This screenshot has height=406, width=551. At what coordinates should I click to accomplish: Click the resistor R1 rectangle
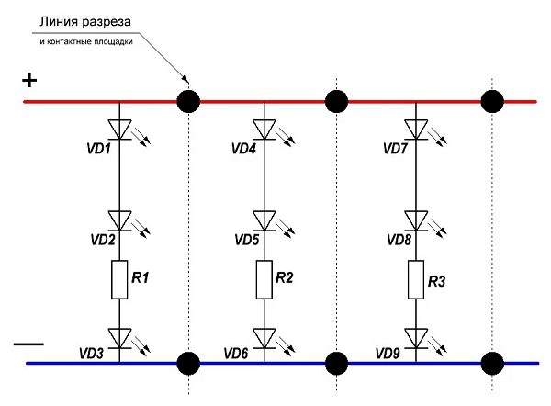119,280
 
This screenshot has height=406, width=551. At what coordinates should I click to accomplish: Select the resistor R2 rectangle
264,280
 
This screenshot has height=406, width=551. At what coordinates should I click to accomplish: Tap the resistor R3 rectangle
416,280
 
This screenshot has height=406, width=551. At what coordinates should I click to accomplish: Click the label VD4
243,149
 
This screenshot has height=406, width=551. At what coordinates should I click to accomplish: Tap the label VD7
395,149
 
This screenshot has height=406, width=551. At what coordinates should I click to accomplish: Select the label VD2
103,240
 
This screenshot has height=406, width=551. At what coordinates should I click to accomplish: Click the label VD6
236,354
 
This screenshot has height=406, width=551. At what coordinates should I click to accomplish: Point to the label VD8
399,240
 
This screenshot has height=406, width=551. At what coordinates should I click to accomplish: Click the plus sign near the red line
29,81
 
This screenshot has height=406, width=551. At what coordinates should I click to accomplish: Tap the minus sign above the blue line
28,344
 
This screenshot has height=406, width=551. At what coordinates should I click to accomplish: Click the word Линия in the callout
59,22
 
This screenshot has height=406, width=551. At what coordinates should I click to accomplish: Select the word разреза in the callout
107,23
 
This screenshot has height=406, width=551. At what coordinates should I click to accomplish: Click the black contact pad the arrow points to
188,102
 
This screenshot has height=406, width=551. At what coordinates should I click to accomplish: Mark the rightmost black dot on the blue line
492,363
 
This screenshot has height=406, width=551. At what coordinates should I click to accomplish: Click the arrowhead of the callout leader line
185,78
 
